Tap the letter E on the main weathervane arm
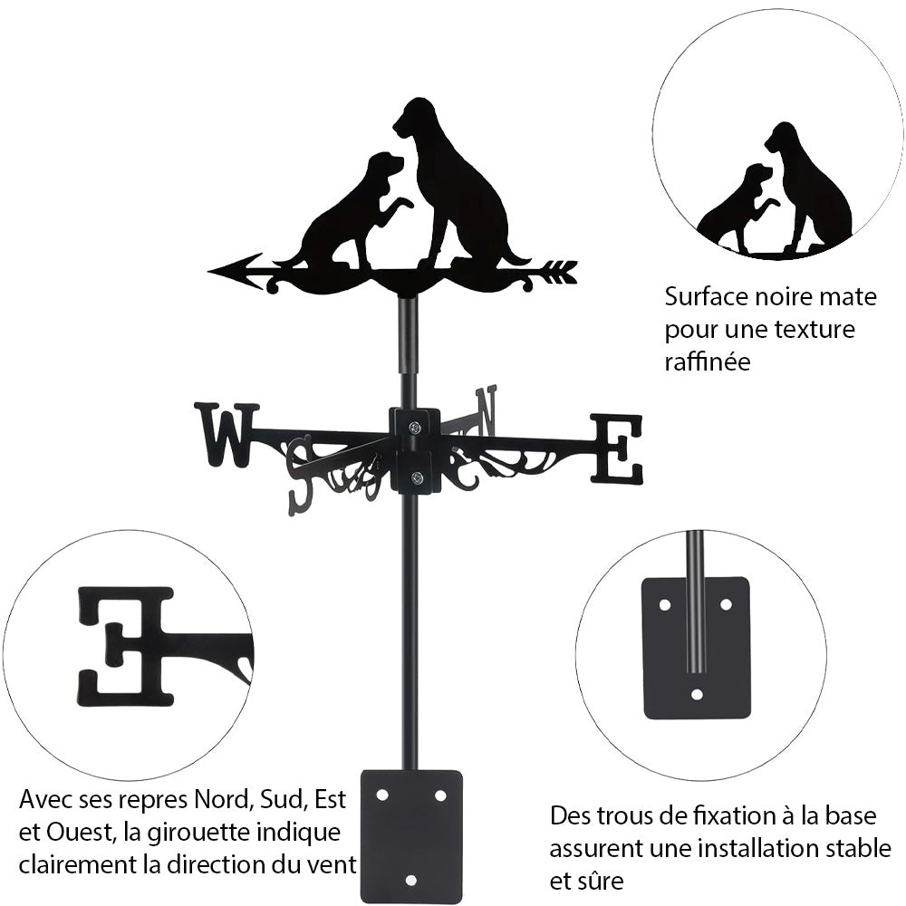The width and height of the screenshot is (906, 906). point(618,448)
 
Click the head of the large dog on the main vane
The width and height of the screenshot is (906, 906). point(415,116)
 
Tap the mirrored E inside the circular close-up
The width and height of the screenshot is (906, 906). point(127,645)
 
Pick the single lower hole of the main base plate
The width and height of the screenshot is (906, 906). point(411,880)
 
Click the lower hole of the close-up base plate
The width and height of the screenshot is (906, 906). point(696,695)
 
